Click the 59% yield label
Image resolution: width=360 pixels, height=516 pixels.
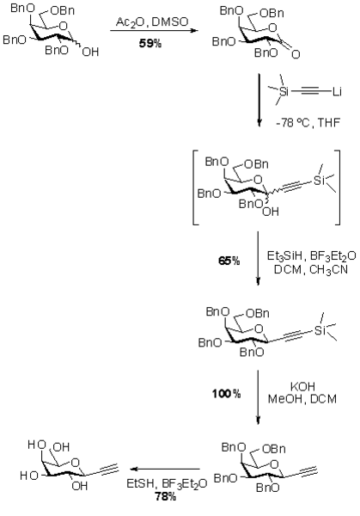(149, 43)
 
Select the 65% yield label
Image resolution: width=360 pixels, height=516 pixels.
(229, 261)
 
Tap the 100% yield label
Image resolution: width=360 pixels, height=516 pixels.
(227, 393)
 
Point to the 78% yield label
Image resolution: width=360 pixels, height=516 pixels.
(165, 496)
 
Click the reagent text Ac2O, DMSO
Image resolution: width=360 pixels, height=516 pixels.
(152, 22)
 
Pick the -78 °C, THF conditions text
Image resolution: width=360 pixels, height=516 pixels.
(308, 123)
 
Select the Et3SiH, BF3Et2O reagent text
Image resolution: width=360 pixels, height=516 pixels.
(311, 256)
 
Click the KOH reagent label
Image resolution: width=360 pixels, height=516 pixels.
(302, 386)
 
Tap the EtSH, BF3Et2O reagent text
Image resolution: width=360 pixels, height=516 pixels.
(167, 483)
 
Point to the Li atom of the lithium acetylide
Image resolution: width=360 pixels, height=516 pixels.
(337, 91)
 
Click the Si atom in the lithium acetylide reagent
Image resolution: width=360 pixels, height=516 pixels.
(284, 91)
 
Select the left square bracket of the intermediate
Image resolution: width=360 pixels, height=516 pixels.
(195, 187)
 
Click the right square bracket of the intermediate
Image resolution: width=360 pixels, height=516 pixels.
(337, 187)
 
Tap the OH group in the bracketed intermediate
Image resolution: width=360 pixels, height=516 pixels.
(271, 212)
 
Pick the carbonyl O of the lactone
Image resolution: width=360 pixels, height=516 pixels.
(296, 54)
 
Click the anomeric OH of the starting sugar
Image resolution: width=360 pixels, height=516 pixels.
(90, 52)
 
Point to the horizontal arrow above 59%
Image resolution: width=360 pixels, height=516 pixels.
(154, 31)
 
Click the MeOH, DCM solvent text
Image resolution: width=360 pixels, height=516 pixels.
(302, 399)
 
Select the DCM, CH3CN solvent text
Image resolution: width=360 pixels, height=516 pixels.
(311, 269)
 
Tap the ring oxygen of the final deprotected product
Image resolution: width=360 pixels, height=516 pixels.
(76, 463)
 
